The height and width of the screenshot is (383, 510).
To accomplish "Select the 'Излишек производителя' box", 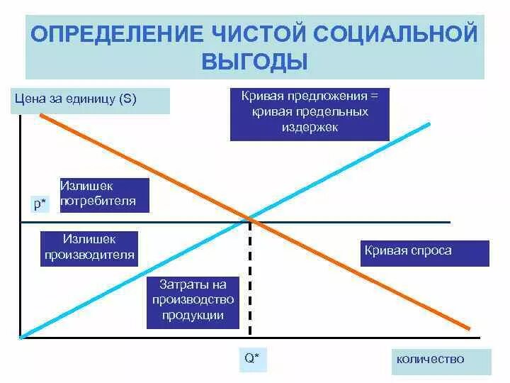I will click(x=89, y=248).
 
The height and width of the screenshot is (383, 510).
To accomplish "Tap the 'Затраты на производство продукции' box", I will click(x=192, y=301).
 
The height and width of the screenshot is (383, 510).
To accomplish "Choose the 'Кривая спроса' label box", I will click(x=424, y=252).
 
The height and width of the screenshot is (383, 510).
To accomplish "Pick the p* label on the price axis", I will click(x=40, y=204).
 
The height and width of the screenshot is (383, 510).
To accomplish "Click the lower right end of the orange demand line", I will click(x=468, y=328).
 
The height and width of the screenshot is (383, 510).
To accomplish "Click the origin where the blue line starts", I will click(x=23, y=336).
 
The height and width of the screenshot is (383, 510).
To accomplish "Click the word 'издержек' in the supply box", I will click(x=310, y=128).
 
